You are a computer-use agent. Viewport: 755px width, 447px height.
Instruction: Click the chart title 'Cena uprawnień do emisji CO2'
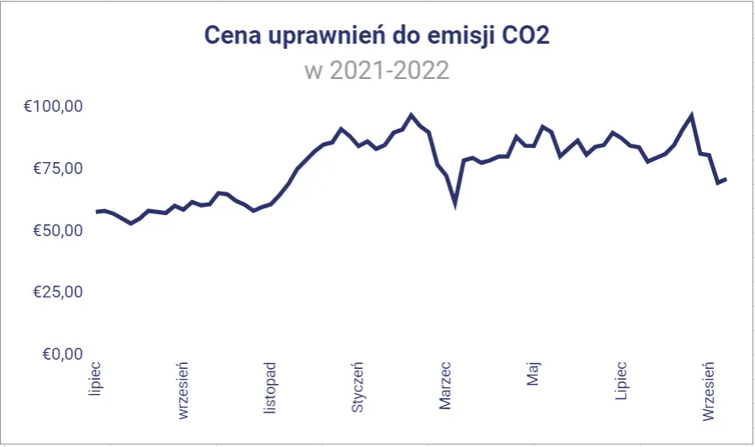pyautogui.click(x=377, y=36)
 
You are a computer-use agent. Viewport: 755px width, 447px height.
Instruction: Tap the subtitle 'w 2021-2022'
pyautogui.click(x=377, y=70)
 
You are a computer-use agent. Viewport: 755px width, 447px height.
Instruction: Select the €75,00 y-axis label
pyautogui.click(x=55, y=168)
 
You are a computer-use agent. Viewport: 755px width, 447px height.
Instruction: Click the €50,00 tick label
pyautogui.click(x=55, y=230)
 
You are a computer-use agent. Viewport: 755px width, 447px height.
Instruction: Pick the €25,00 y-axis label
pyautogui.click(x=55, y=292)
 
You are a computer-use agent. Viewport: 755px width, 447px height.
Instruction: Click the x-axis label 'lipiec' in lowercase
pyautogui.click(x=96, y=379)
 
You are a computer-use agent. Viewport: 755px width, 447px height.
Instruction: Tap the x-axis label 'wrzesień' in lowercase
pyautogui.click(x=183, y=390)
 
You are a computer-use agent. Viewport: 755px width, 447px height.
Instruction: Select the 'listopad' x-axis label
pyautogui.click(x=271, y=387)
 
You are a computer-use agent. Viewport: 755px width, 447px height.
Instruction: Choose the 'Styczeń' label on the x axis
pyautogui.click(x=358, y=387)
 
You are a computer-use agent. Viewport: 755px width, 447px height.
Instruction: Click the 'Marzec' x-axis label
pyautogui.click(x=446, y=386)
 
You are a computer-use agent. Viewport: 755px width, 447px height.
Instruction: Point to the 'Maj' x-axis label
pyautogui.click(x=533, y=374)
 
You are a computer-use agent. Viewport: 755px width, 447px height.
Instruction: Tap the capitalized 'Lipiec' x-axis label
pyautogui.click(x=620, y=381)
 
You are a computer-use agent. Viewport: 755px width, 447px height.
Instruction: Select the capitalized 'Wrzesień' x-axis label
pyautogui.click(x=708, y=391)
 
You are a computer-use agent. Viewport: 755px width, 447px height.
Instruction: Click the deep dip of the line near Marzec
pyautogui.click(x=455, y=203)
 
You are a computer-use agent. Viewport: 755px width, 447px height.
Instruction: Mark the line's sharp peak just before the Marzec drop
pyautogui.click(x=411, y=115)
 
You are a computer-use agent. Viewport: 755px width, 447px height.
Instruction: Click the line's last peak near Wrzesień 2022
pyautogui.click(x=691, y=115)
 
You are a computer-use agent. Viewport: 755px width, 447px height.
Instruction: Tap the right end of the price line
pyautogui.click(x=726, y=179)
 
